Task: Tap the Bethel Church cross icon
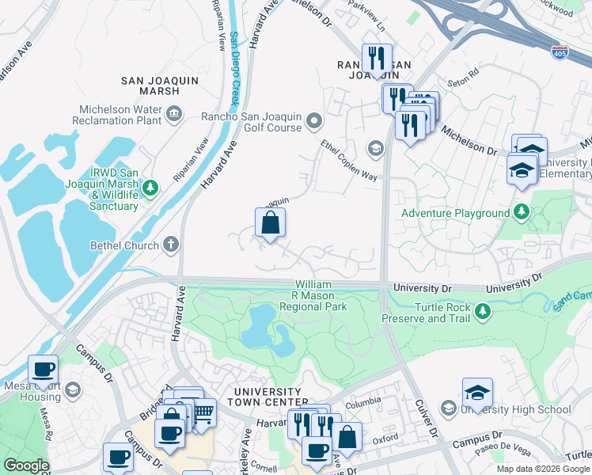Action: [171, 245]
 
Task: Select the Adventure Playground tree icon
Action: [521, 212]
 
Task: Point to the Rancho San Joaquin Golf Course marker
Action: [314, 121]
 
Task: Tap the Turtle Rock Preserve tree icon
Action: [482, 313]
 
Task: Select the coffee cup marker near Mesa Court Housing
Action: [43, 369]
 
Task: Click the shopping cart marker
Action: [203, 412]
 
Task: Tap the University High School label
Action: [514, 409]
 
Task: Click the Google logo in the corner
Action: [26, 465]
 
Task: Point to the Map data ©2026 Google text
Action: [543, 469]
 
